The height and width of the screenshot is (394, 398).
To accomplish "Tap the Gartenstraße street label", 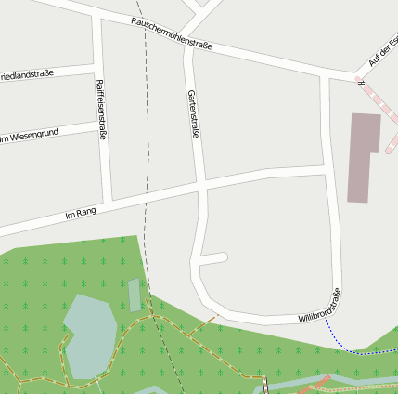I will point(194,114).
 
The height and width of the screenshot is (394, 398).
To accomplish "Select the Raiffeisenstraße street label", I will point(100,109).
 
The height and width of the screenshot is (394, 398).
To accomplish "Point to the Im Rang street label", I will point(81,215).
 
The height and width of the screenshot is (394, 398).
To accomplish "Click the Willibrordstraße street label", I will point(320,306).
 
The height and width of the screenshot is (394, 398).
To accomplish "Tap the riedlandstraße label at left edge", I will point(27,73).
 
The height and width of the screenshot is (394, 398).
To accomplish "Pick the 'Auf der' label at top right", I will point(382,51).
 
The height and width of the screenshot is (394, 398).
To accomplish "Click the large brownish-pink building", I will point(362,156).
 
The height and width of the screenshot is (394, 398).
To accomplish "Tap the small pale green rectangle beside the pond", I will point(135,295).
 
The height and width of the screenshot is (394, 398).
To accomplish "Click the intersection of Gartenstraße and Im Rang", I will point(201,186).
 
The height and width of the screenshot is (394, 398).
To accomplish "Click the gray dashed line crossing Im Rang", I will point(146,195).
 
